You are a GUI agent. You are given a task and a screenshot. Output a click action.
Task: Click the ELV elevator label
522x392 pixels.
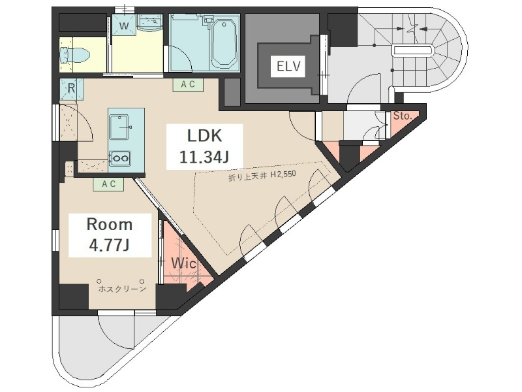click(x=288, y=66)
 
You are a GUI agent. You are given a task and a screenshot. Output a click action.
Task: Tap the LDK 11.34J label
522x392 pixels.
click(x=204, y=146)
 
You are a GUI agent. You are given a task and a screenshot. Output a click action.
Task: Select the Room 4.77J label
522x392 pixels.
click(x=110, y=235)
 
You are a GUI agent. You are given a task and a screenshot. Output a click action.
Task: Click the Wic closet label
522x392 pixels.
click(x=183, y=264)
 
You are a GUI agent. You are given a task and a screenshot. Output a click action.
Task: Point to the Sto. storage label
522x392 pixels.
click(x=403, y=116)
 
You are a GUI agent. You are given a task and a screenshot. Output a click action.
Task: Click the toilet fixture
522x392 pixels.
click(x=74, y=56)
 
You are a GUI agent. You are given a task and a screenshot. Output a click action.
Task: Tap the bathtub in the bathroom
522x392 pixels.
click(x=224, y=42)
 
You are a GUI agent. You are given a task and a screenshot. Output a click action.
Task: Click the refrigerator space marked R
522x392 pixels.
click(x=71, y=90)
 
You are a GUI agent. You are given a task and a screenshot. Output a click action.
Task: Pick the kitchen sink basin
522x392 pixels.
click(x=119, y=127)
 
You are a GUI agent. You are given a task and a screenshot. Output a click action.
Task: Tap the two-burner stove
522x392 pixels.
click(x=120, y=158)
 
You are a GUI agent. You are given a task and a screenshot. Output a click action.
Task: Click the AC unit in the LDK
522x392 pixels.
click(x=188, y=85)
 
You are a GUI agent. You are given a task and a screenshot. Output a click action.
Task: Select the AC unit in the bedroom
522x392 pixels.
click(x=108, y=184)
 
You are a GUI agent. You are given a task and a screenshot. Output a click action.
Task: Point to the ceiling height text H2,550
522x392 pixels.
click(x=283, y=174)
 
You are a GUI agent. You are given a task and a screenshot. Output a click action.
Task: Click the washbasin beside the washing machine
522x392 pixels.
click(x=149, y=22)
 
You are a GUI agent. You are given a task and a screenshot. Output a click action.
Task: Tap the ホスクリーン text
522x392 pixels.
click(x=122, y=289)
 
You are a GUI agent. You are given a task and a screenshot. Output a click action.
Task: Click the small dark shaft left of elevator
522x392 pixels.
click(x=232, y=92)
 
